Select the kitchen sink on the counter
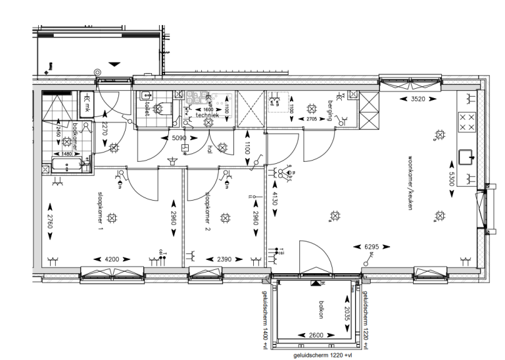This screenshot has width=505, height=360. pos(468,157)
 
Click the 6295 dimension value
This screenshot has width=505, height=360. pos(373,247)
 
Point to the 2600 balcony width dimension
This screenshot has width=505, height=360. pos(316,336)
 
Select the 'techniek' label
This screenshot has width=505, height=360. pos(206,115)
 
